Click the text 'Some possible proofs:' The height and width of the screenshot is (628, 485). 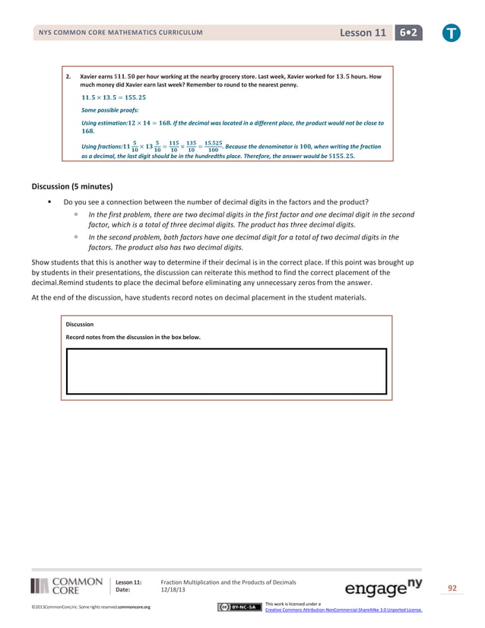pyautogui.click(x=109, y=110)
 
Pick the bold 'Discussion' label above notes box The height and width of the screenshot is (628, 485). pyautogui.click(x=81, y=324)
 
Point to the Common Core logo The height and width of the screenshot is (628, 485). pyautogui.click(x=67, y=585)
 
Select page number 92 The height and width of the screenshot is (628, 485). pyautogui.click(x=452, y=588)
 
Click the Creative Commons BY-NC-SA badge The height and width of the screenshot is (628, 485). pyautogui.click(x=238, y=607)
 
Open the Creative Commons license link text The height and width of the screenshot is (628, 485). pyautogui.click(x=344, y=610)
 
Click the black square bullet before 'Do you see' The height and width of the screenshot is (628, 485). pyautogui.click(x=49, y=201)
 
